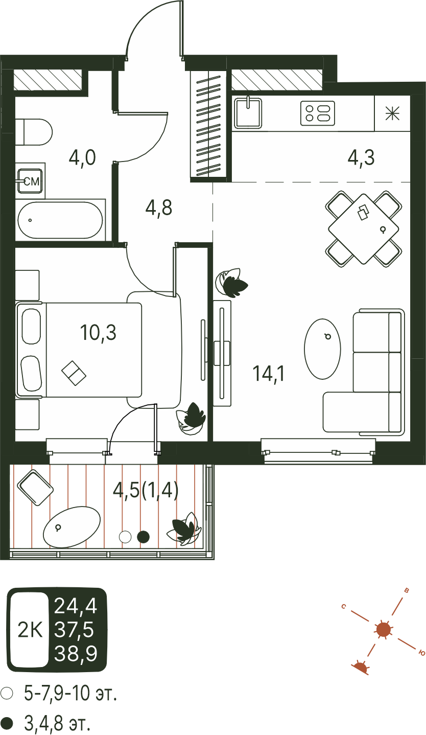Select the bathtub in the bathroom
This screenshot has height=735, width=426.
pos(60,220)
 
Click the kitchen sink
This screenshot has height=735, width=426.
pos(248,113)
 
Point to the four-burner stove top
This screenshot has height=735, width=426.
pos(317,113)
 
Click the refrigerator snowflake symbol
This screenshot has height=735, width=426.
pos(392,113)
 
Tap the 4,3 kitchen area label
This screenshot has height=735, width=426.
pos(361,158)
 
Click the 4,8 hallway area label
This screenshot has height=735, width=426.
pos(159,208)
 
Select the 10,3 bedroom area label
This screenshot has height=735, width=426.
pos(98,332)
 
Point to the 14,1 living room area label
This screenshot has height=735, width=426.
pos(269,374)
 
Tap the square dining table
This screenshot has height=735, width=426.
pos(364,228)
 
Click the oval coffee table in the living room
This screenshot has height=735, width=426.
pos(322,349)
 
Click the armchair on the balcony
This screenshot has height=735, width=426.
pos(35,488)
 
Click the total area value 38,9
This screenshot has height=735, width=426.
pos(76,653)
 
